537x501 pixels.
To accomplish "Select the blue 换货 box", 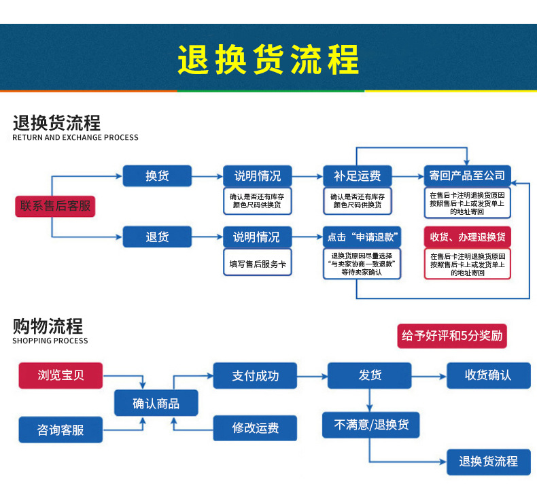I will (x=157, y=176).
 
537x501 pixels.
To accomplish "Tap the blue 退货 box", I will (x=157, y=237).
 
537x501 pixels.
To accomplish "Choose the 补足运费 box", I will (x=357, y=176).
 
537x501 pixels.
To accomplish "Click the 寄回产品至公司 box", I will (x=467, y=176).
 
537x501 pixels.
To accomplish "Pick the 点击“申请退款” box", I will (x=362, y=237).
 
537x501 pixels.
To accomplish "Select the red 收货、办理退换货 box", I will (x=467, y=237).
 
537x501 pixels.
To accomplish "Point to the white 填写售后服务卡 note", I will (x=258, y=263).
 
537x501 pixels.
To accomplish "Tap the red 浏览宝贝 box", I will (x=60, y=375).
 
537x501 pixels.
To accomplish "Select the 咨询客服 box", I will (x=60, y=430).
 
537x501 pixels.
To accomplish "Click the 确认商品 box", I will (x=156, y=403).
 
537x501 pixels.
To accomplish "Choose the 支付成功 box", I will (x=255, y=375).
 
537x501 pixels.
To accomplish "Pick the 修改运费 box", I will (x=255, y=428).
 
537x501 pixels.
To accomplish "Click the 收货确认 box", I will (x=487, y=375).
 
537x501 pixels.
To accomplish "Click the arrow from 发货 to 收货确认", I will (x=428, y=375).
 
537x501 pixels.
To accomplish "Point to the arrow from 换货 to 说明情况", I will (x=207, y=177).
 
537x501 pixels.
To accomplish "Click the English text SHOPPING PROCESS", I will (x=50, y=341).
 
